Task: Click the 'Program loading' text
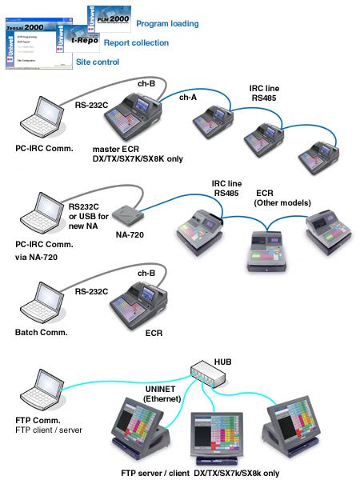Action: (x=167, y=24)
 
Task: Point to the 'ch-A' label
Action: (x=186, y=97)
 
